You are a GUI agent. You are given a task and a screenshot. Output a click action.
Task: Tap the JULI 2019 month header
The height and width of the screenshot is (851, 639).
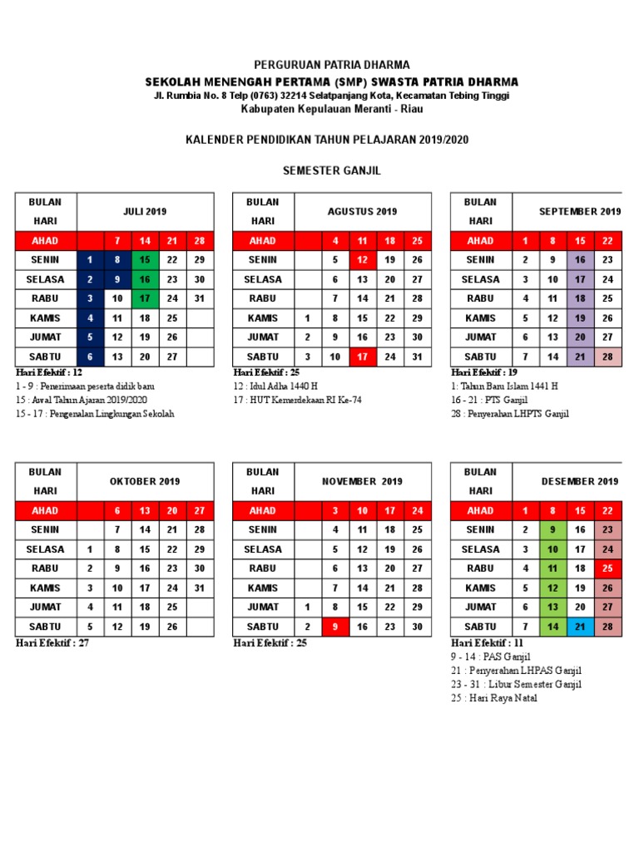pyautogui.click(x=145, y=212)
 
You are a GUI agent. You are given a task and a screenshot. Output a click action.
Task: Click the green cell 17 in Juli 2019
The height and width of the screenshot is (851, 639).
pyautogui.click(x=145, y=298)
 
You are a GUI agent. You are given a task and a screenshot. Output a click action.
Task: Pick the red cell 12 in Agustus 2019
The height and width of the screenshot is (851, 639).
pyautogui.click(x=362, y=260)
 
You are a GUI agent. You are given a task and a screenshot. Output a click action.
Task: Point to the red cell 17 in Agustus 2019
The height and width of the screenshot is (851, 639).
pyautogui.click(x=362, y=357)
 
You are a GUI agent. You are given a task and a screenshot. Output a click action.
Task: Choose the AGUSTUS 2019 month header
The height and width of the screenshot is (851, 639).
pyautogui.click(x=362, y=212)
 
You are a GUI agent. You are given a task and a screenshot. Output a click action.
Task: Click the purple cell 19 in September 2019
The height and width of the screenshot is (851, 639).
pyautogui.click(x=580, y=318)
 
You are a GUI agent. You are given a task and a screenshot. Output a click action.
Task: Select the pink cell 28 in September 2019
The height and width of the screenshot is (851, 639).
pyautogui.click(x=607, y=357)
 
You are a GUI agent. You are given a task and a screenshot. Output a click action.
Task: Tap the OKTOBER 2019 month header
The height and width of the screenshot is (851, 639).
pyautogui.click(x=145, y=482)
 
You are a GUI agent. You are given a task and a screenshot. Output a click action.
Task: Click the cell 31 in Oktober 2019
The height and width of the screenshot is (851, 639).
pyautogui.click(x=199, y=588)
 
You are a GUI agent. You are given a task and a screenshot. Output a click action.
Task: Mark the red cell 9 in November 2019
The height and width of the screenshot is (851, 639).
pyautogui.click(x=334, y=627)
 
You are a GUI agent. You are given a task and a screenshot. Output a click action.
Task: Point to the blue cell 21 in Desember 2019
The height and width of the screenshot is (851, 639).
pyautogui.click(x=580, y=627)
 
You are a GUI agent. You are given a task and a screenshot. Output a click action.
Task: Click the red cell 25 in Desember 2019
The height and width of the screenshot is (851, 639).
pyautogui.click(x=607, y=568)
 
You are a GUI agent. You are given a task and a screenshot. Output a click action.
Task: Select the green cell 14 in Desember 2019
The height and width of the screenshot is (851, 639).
pyautogui.click(x=552, y=627)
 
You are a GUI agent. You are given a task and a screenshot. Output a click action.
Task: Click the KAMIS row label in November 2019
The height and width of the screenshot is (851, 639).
pyautogui.click(x=263, y=588)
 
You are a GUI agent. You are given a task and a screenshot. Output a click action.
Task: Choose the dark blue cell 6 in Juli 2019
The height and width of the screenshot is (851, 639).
pyautogui.click(x=90, y=357)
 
